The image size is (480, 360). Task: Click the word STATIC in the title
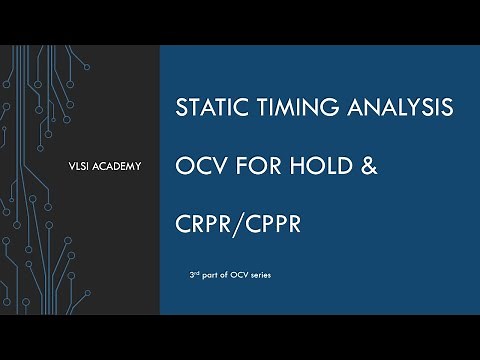pyautogui.click(x=209, y=106)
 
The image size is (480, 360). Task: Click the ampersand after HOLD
pyautogui.click(x=368, y=161)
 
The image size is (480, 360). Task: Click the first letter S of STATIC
pyautogui.click(x=180, y=106)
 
